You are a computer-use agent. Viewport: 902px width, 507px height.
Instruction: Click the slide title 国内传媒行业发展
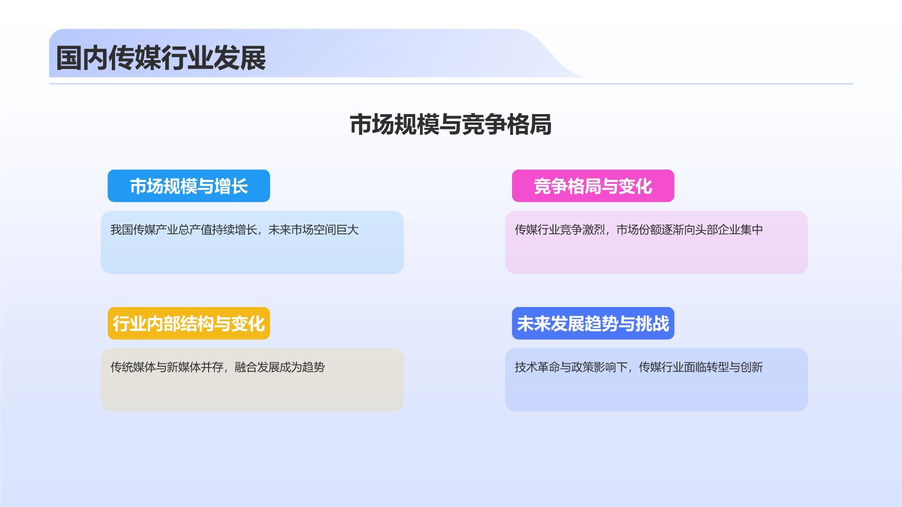tap(161, 58)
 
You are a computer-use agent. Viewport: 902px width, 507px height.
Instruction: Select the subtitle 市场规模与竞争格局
tap(451, 125)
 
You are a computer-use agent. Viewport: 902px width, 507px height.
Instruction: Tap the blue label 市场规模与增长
tap(189, 186)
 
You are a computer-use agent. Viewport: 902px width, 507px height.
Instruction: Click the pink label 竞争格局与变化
tap(593, 186)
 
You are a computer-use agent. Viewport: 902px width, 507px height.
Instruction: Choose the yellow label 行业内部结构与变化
tap(189, 323)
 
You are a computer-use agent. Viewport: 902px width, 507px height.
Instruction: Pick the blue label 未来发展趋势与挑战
tap(593, 323)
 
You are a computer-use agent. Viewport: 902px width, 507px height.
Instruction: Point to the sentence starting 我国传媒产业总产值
tap(234, 230)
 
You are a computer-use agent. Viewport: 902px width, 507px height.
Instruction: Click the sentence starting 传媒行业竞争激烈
tap(639, 230)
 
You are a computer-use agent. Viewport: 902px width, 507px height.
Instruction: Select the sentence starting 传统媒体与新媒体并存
tap(218, 367)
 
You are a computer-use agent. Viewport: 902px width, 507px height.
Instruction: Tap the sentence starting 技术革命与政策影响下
tap(639, 367)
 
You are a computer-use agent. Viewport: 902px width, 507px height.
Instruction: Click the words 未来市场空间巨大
tap(313, 230)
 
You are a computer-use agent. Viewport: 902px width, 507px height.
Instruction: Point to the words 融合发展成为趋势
tap(280, 367)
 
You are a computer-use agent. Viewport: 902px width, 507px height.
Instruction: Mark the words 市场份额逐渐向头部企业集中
tap(690, 230)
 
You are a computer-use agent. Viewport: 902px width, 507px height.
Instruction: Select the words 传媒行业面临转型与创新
tap(701, 367)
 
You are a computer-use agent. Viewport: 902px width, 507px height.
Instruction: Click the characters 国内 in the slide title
tap(82, 58)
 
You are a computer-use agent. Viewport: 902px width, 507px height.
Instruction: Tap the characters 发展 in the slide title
tap(240, 58)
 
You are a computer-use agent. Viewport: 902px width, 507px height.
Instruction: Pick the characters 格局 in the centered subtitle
tap(529, 125)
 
